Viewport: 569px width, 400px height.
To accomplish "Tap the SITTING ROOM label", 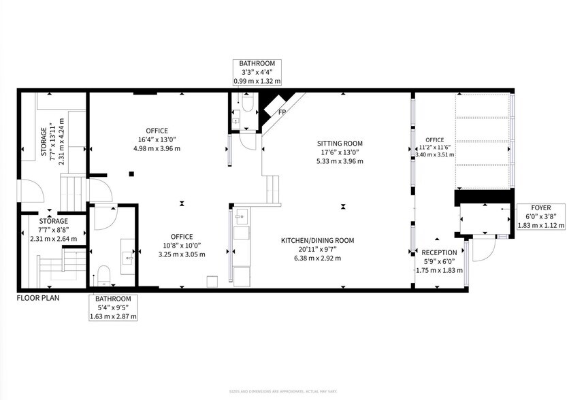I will pyautogui.click(x=340, y=144).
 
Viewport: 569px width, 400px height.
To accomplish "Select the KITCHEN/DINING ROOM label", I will pyautogui.click(x=318, y=240).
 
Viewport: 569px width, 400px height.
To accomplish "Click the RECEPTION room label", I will pyautogui.click(x=439, y=252).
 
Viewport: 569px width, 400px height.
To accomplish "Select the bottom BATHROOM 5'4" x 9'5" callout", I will pyautogui.click(x=113, y=307).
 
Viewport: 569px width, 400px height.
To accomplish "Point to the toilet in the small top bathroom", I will pyautogui.click(x=247, y=102).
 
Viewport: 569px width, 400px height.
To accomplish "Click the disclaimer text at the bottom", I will pyautogui.click(x=284, y=393).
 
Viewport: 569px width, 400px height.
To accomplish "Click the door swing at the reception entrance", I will pyautogui.click(x=479, y=251).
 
